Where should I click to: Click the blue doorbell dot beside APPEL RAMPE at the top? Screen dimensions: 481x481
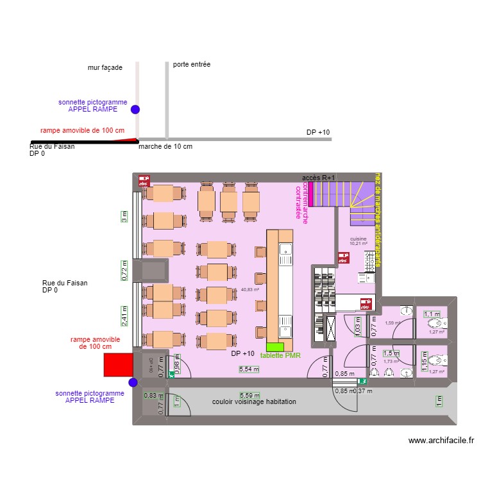135,110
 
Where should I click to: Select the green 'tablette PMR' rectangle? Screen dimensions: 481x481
274,347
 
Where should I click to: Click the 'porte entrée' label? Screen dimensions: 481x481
192,65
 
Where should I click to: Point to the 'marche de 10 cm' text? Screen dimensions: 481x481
165,147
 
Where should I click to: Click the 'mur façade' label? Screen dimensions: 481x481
105,67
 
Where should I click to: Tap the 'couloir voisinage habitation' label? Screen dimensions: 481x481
254,401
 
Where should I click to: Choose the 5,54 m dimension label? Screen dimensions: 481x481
249,369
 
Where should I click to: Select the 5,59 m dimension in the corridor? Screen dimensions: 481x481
249,396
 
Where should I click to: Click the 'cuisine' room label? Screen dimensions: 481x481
358,239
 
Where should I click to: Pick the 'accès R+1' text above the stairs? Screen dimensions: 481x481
319,178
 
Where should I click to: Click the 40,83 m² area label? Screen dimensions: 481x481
249,290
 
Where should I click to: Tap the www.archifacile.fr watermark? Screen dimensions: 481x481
441,441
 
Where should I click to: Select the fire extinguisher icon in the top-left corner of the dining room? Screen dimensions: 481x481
144,181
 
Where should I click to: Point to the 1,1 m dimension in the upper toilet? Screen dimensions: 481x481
432,314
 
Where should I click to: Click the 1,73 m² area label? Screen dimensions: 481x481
391,362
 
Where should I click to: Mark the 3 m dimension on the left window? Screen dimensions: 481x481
124,217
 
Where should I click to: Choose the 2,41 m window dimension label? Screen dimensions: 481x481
124,315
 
